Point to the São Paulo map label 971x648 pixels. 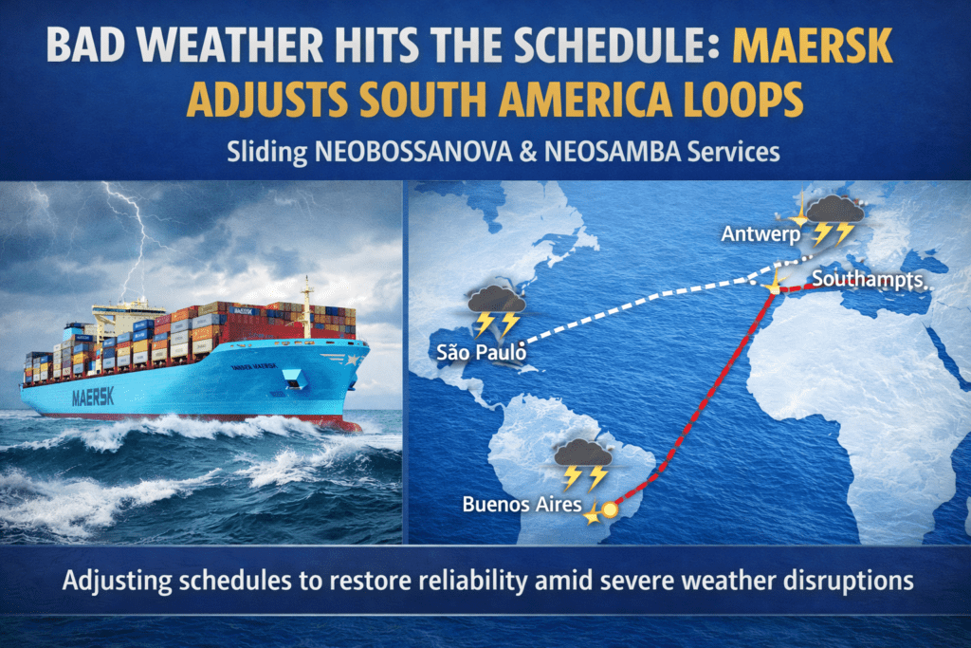pyautogui.click(x=481, y=353)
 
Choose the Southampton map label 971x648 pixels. pyautogui.click(x=867, y=280)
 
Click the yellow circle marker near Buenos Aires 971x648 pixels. pyautogui.click(x=610, y=510)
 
